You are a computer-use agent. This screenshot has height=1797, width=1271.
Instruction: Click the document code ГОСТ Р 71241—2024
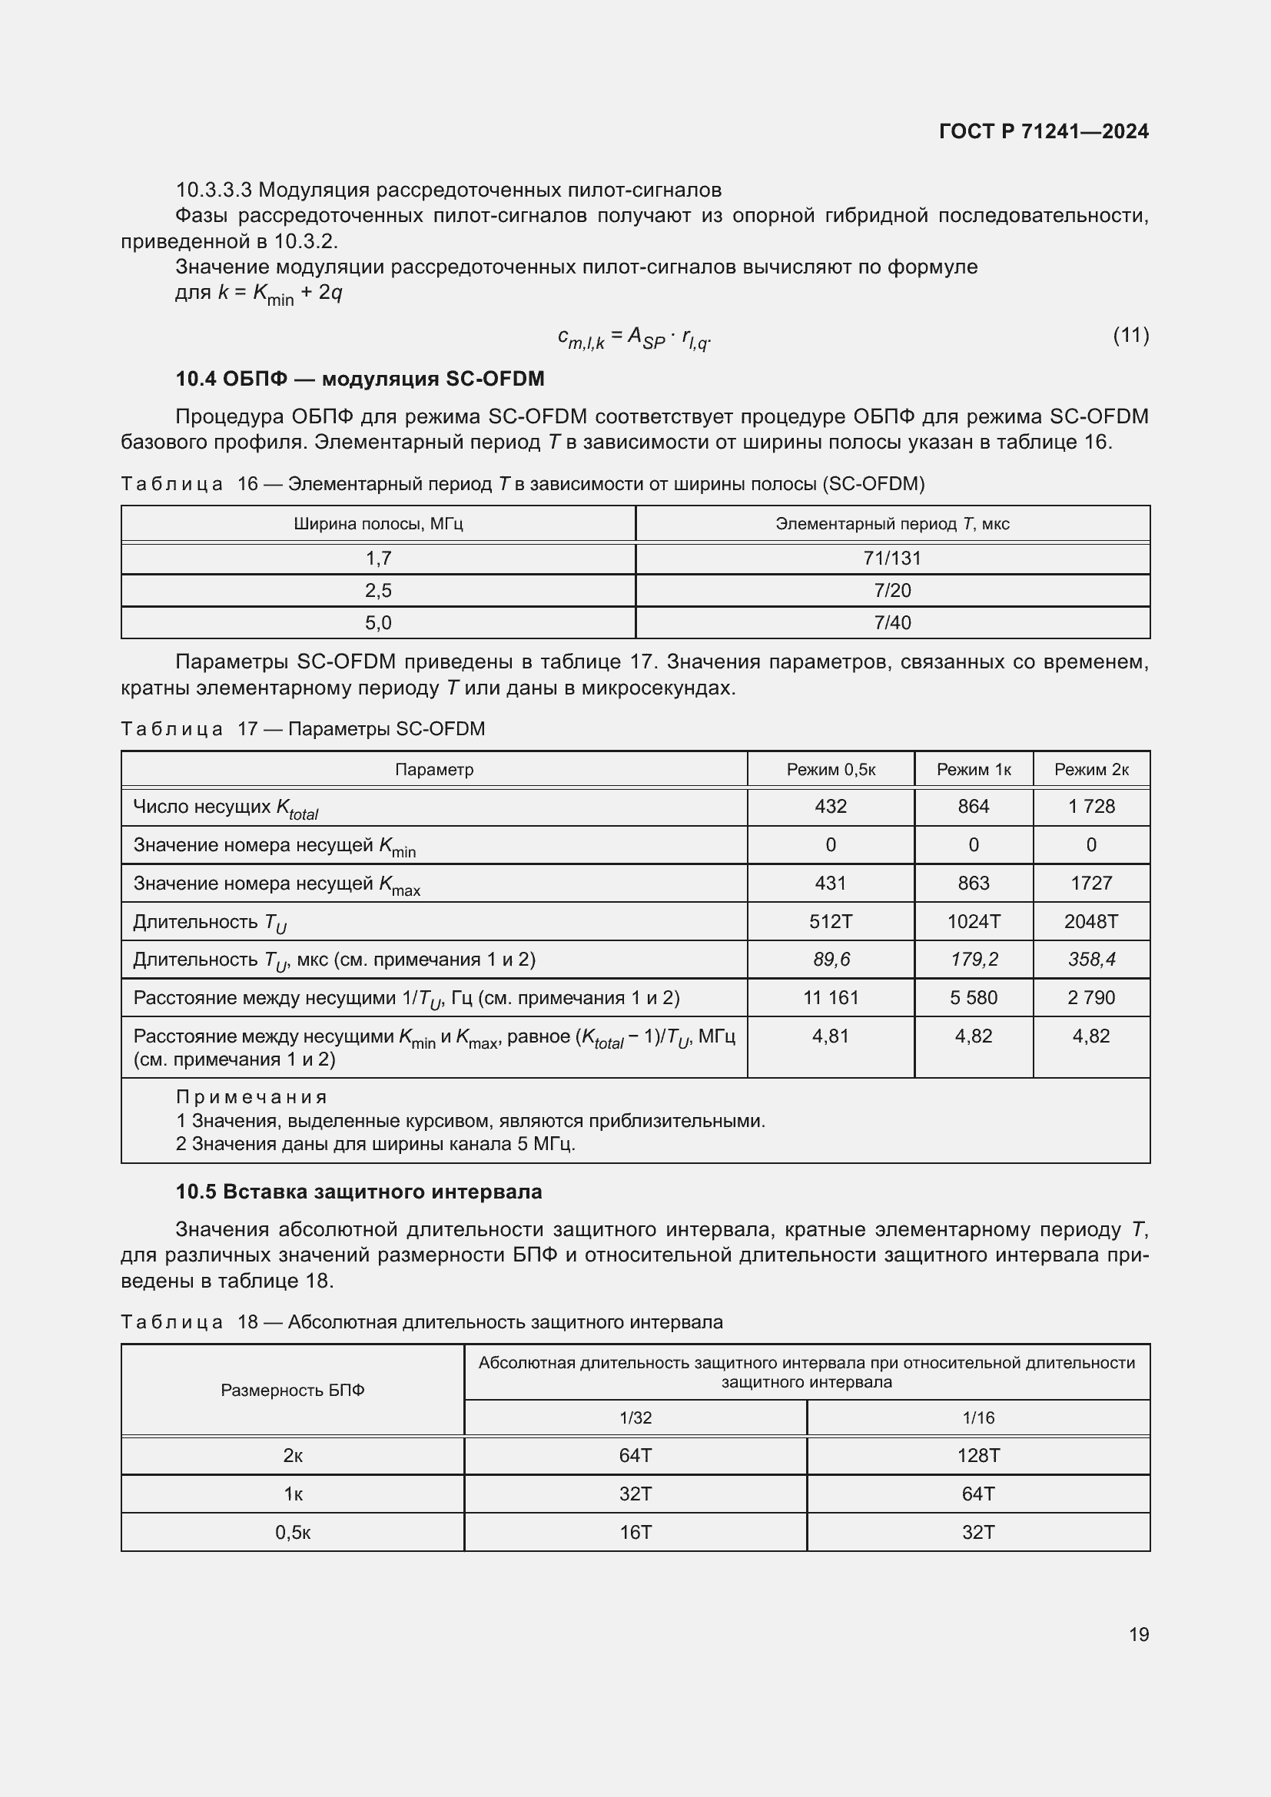click(1044, 131)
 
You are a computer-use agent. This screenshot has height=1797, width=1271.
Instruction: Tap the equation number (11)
click(1130, 335)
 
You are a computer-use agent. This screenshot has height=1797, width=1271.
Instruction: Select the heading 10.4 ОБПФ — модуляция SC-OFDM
click(359, 379)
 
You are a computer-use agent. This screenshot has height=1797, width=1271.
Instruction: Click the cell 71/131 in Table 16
click(892, 558)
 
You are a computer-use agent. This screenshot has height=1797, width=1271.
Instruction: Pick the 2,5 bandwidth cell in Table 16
click(378, 590)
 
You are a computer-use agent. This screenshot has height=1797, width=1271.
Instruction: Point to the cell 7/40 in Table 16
click(892, 622)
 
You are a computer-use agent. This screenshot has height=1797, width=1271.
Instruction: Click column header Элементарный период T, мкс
click(892, 524)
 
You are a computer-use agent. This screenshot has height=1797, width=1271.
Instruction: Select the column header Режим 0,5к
click(831, 769)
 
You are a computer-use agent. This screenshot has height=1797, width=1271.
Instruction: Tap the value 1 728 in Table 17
click(1091, 806)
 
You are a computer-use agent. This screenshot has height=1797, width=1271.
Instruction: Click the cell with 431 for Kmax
click(831, 883)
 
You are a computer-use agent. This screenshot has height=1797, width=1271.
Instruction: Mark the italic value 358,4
click(1091, 959)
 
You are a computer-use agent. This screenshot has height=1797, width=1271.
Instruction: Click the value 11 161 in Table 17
click(831, 997)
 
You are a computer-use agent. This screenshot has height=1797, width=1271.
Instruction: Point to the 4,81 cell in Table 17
click(831, 1036)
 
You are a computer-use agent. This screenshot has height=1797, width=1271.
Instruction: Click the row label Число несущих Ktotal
click(225, 807)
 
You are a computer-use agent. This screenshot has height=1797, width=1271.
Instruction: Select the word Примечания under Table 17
click(251, 1096)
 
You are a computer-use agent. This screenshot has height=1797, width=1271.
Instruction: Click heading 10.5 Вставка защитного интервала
click(358, 1192)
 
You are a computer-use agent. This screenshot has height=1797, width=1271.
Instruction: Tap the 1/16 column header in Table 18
click(977, 1417)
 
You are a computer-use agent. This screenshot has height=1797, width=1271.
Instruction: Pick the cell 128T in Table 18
click(977, 1455)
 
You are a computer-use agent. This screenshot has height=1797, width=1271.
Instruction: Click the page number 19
click(1138, 1634)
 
